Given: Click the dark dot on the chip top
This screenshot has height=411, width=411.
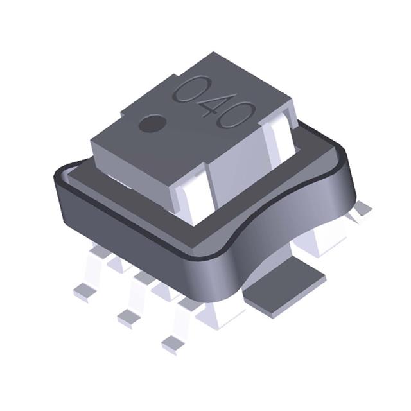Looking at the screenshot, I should tap(152, 123).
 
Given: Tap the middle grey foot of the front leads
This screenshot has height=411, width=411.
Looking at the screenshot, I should tap(128, 316).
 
